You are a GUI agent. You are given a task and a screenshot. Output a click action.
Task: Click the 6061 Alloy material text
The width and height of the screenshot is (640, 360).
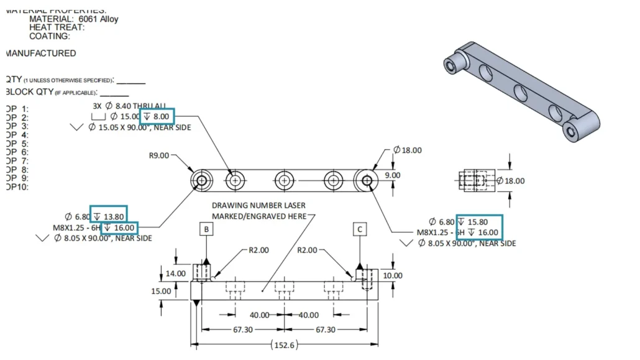point(98,19)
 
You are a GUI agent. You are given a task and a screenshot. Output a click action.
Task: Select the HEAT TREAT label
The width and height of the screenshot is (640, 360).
point(57,27)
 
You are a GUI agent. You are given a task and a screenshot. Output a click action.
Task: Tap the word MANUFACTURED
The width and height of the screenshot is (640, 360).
point(41,53)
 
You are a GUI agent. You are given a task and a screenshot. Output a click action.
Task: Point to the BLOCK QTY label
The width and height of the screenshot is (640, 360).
point(28,92)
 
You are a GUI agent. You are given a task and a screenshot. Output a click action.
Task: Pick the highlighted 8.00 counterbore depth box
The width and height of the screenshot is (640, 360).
point(157,116)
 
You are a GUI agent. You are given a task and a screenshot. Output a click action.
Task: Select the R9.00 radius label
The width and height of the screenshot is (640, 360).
point(159,155)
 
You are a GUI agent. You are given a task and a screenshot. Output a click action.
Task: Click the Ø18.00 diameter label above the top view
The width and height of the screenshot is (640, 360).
point(407,150)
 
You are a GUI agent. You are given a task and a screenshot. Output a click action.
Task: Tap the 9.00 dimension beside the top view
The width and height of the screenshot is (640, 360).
point(393,175)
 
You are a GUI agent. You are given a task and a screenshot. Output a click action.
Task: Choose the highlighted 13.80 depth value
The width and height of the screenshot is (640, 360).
point(109,216)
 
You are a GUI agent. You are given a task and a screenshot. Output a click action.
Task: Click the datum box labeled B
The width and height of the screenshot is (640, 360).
point(206,229)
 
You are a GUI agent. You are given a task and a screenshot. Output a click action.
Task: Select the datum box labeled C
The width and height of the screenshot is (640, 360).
point(360,229)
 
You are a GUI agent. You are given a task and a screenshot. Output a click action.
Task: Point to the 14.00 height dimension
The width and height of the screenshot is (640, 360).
point(176,273)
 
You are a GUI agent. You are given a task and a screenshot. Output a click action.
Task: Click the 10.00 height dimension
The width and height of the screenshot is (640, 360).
point(393,275)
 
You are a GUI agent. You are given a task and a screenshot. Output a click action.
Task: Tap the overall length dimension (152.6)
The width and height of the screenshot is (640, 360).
point(283,344)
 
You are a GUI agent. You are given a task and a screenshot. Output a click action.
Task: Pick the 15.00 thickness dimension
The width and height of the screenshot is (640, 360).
point(160,291)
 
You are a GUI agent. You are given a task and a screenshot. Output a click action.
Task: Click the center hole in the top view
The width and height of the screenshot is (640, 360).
point(283,181)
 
